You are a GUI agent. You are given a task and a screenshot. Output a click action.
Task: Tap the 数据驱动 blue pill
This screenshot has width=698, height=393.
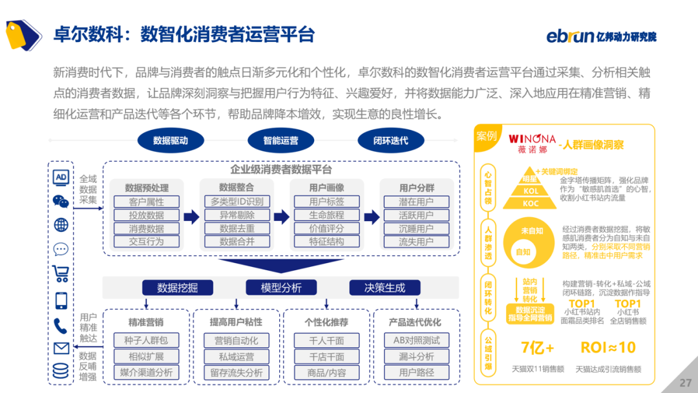(171, 140)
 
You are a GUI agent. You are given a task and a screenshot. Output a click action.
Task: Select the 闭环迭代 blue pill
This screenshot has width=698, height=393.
(390, 140)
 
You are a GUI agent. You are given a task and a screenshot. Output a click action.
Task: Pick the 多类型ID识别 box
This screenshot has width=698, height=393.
(237, 202)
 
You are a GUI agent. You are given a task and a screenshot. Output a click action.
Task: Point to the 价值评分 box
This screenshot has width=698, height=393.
(326, 228)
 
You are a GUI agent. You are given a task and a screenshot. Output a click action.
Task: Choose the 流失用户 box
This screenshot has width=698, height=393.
(416, 242)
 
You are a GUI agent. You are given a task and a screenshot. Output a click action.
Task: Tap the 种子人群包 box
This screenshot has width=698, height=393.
(146, 341)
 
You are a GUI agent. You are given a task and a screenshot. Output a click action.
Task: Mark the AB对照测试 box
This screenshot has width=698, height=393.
(416, 341)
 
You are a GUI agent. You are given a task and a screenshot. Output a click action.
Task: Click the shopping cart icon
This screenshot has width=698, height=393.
(61, 273)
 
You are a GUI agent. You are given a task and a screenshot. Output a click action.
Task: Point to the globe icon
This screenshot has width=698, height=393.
(61, 225)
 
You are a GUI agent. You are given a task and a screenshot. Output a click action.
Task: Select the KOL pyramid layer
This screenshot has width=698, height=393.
(531, 191)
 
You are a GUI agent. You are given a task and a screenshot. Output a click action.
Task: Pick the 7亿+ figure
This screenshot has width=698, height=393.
(538, 348)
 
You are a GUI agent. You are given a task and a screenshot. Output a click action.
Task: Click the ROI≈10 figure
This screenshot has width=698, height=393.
(608, 348)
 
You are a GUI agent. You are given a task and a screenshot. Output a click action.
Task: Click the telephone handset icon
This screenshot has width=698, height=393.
(61, 325)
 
